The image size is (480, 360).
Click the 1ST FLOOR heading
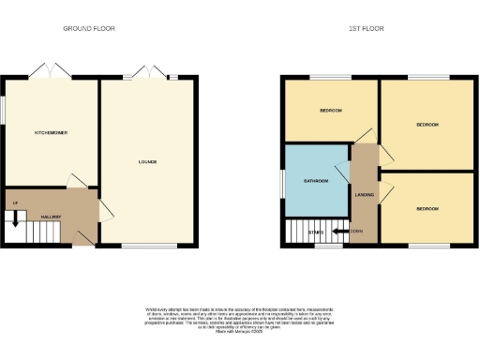[366, 29]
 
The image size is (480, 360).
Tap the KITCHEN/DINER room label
[51, 133]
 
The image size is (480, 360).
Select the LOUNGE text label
[147, 162]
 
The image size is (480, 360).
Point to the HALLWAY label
[51, 217]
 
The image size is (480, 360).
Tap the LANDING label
[365, 195]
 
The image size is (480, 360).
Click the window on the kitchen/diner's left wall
[2, 108]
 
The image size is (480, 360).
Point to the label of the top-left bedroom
[330, 111]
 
